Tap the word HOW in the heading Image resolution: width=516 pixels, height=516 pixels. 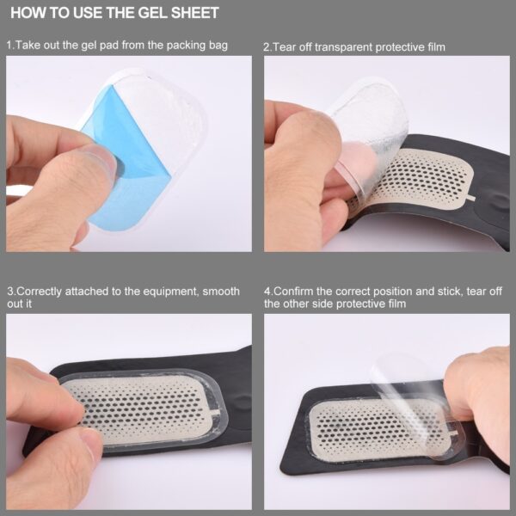27,14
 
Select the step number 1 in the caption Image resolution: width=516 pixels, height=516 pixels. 9,45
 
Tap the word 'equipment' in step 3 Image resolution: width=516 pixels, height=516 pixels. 160,292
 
